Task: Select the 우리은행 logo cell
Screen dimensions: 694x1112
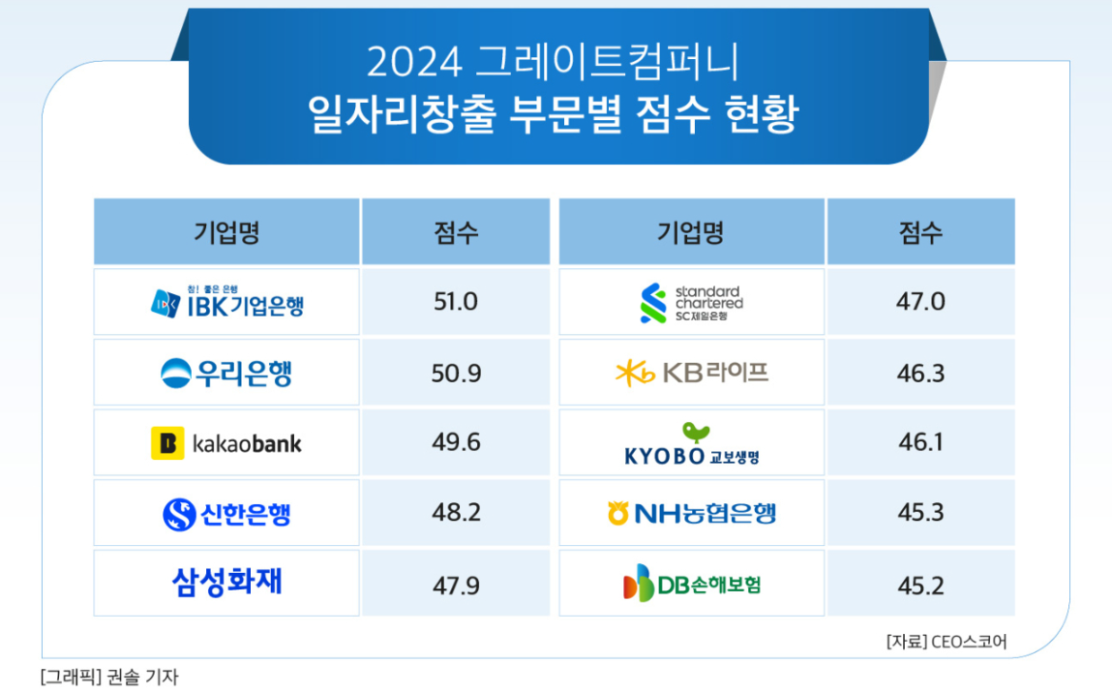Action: (x=226, y=373)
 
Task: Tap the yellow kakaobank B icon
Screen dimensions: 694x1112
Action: (x=167, y=443)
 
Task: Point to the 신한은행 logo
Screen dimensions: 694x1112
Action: (x=226, y=514)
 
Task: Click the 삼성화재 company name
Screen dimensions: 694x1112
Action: (x=226, y=582)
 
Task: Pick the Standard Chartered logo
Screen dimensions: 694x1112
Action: (x=691, y=303)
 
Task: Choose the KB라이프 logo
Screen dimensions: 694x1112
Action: (x=691, y=373)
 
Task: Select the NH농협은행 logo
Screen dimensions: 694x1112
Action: (x=691, y=513)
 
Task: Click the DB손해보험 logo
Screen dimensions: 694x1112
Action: (x=691, y=584)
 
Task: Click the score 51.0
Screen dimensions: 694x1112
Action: (x=456, y=302)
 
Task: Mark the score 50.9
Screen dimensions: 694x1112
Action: (x=456, y=373)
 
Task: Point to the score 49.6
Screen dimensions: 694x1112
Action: (x=456, y=443)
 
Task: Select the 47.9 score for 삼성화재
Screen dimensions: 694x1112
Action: (x=456, y=585)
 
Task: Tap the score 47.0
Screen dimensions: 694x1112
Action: (x=920, y=302)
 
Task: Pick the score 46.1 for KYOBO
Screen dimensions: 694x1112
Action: (x=920, y=443)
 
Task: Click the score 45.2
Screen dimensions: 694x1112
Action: (x=920, y=585)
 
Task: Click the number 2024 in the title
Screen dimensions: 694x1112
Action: (x=412, y=63)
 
